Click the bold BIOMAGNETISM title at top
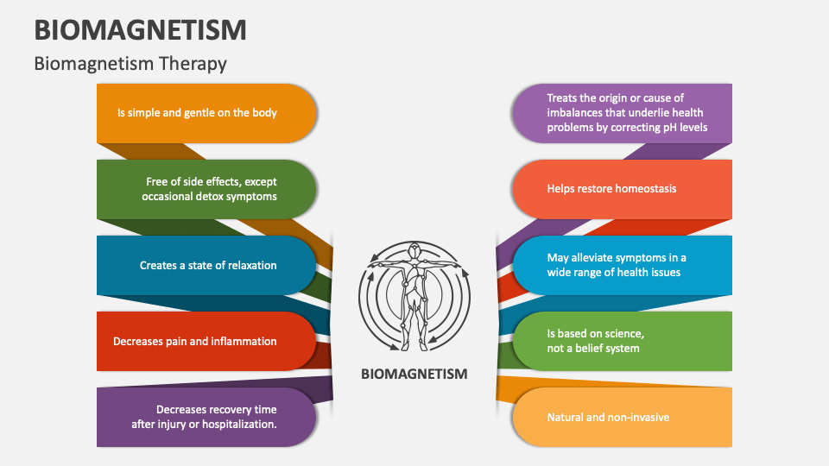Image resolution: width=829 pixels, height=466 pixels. coord(140,29)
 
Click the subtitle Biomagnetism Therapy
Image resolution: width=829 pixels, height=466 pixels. coord(130,63)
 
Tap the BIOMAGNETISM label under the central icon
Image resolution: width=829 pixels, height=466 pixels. coord(414,374)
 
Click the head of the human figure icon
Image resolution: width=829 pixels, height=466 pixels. coord(414,251)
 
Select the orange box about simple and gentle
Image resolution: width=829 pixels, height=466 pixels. coord(206,113)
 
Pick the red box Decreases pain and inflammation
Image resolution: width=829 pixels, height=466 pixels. coord(206,341)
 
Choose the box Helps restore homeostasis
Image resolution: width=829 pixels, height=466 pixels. coord(621,189)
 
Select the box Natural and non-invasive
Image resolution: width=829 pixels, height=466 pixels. coord(621,417)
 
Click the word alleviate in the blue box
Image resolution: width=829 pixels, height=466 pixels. coord(595,257)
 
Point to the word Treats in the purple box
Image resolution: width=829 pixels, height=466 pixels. coord(562,98)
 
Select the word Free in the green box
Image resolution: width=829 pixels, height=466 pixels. coord(157,181)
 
